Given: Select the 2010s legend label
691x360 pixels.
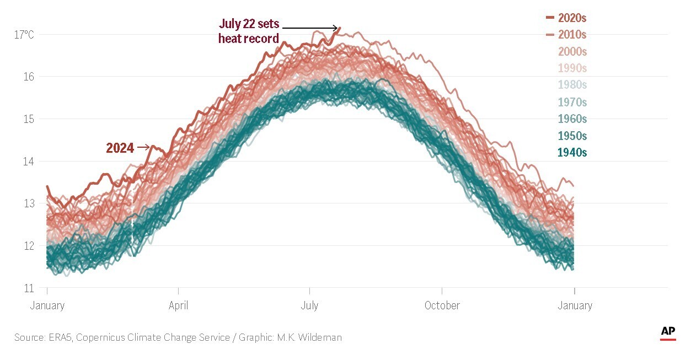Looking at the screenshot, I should (572, 35).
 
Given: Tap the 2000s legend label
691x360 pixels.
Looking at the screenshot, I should (572, 52).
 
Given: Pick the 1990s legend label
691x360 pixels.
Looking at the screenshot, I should (572, 68).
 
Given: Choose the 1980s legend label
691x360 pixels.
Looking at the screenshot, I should (572, 85).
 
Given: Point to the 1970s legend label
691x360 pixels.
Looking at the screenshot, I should (572, 102).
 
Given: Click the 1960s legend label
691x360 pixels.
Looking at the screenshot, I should (572, 119).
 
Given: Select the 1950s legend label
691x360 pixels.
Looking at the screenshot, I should (572, 136).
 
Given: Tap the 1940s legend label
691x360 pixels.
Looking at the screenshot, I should (572, 153).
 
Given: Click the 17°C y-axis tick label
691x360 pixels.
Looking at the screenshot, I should (24, 35).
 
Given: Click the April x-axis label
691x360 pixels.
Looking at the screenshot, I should (178, 305).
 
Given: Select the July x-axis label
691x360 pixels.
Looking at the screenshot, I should (309, 305).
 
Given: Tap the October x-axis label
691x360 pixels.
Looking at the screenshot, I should (442, 305).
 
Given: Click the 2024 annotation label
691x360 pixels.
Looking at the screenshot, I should (120, 148).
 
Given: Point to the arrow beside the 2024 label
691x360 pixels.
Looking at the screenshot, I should (143, 147).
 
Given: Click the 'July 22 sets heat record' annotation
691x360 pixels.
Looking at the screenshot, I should (249, 31).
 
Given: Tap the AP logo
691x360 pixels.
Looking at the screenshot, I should (668, 332).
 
